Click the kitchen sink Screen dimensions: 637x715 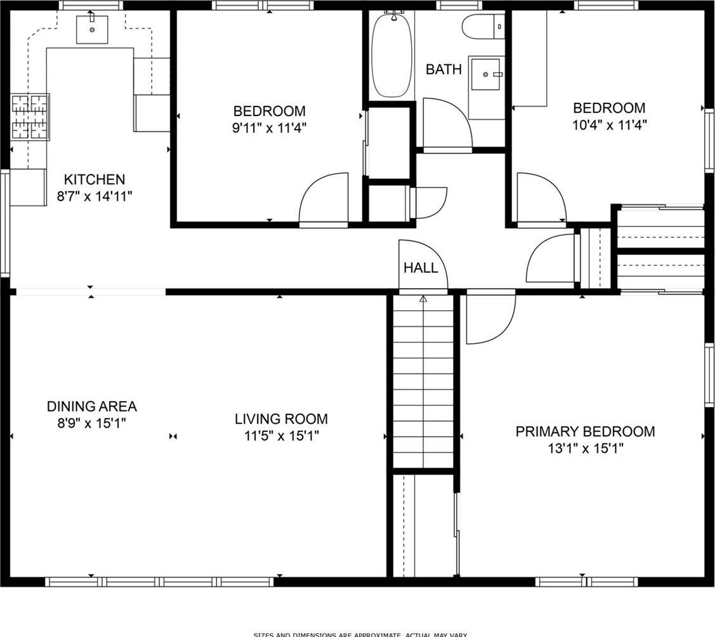(x=92, y=29)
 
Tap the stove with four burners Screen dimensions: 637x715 (x=30, y=117)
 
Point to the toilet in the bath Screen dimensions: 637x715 (x=482, y=27)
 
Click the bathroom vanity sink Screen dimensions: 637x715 (x=487, y=75)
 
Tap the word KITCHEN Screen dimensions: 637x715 (x=95, y=180)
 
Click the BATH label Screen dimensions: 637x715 (x=443, y=69)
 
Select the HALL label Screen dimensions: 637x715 (x=421, y=268)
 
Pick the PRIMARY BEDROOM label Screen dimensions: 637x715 (x=585, y=432)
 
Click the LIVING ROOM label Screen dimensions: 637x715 (x=281, y=419)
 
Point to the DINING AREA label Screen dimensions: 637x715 (x=92, y=406)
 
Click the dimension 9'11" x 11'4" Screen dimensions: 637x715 (x=269, y=128)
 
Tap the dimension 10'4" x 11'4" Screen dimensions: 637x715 (x=609, y=124)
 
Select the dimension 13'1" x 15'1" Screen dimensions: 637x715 (x=586, y=449)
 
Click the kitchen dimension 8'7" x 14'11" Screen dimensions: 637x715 (x=95, y=197)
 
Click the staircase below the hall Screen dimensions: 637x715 (x=423, y=381)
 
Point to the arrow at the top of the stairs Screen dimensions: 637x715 (x=423, y=298)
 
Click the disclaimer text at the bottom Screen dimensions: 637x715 (x=360, y=634)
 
